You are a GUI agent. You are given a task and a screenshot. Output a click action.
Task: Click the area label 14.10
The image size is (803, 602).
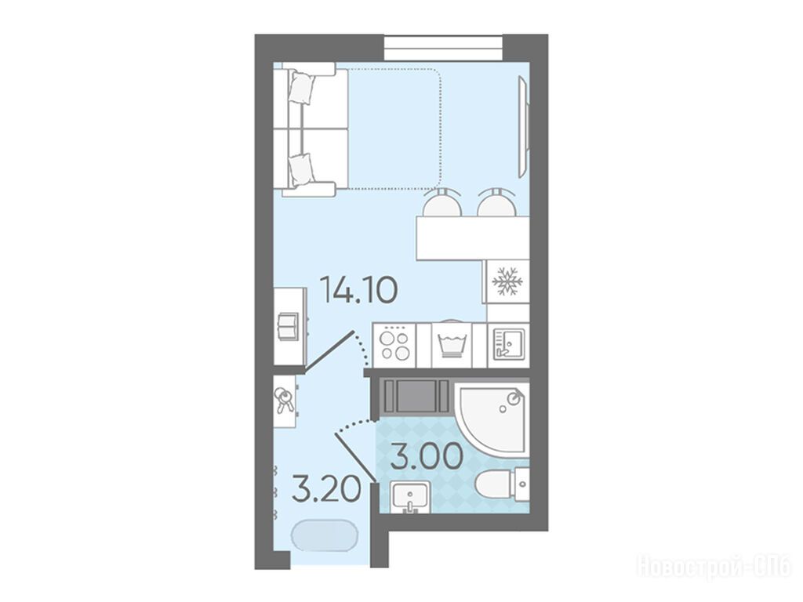coord(358,290)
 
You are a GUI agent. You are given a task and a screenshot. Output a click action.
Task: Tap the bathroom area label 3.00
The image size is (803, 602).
coord(427,457)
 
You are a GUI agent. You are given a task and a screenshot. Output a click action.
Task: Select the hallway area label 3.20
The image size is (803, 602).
coord(325,491)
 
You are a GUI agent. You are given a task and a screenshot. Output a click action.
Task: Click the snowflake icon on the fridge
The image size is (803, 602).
coord(507,281)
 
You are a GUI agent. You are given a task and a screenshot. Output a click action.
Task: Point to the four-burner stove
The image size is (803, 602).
coord(394,346)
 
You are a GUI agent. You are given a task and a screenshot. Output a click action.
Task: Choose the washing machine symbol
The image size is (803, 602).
coord(451,345)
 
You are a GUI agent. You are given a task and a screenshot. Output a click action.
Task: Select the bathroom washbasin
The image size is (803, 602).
coord(410,496)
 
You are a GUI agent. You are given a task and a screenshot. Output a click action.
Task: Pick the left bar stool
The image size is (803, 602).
coord(442,202)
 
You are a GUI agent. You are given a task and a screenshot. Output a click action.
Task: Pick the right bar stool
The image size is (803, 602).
coord(496,202)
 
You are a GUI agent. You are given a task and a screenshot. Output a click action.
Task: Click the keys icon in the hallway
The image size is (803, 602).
coord(283,400)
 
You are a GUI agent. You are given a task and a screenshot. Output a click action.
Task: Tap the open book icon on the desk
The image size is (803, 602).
coord(287,325)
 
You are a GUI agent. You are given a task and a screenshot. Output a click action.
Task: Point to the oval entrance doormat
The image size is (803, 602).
coord(325,535)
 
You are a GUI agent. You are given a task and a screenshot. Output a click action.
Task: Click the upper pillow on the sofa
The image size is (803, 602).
coord(302,88)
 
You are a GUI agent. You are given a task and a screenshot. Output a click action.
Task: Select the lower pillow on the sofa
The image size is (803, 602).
coord(301,169)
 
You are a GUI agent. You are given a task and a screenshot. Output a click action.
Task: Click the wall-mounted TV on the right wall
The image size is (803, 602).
coord(523,126)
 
